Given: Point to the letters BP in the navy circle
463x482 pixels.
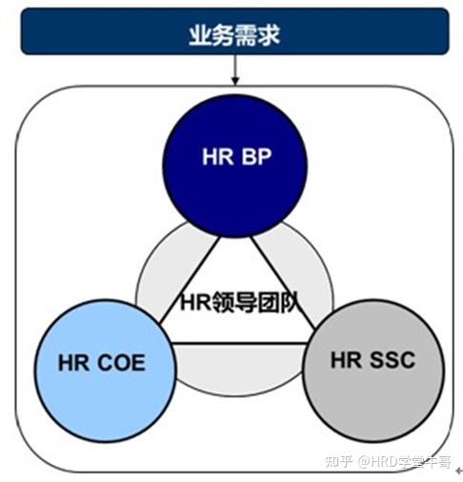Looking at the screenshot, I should coord(255,158).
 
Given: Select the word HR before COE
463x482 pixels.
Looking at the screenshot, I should coord(73,362).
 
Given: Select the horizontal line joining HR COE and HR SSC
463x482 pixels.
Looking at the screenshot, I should coord(236,342).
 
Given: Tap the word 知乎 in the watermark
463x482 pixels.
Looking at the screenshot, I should coord(338,462).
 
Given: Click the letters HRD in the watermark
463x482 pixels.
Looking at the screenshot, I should coord(385,462).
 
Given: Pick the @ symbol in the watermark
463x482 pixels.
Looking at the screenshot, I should coord(362,462).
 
